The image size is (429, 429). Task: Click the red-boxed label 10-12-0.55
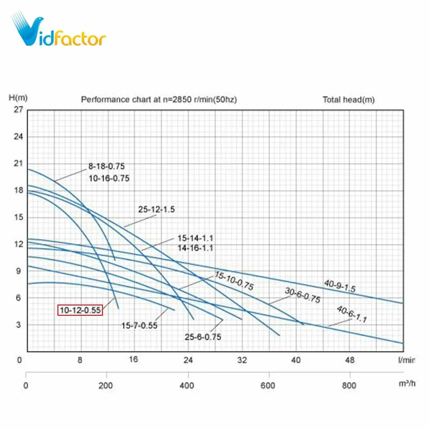tap(80, 310)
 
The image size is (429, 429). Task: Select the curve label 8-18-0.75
tap(106, 166)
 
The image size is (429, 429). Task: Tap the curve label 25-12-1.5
tap(156, 209)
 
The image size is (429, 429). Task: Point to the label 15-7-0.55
tap(139, 325)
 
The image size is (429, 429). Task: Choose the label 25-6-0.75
tap(203, 337)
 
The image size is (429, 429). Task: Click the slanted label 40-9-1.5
tap(340, 286)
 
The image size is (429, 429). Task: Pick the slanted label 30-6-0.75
tap(303, 295)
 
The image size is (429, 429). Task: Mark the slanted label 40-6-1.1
tap(352, 314)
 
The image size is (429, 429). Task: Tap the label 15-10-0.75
tap(234, 281)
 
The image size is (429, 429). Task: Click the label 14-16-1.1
tap(195, 248)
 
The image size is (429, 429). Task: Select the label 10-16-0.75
tap(109, 178)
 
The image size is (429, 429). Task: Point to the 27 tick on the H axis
tap(18, 110)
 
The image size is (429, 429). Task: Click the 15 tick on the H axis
tap(18, 217)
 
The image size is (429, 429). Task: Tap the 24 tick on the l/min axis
tap(188, 360)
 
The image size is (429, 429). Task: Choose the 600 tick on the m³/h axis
tap(268, 386)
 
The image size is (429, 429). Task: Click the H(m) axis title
tap(18, 98)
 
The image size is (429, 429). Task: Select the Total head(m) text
tap(348, 100)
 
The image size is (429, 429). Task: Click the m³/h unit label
tap(407, 384)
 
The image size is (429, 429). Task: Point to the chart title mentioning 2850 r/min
tap(159, 100)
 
